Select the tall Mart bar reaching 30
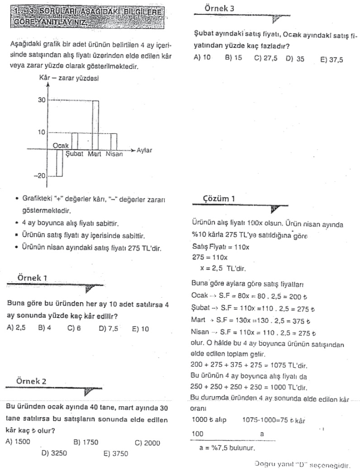click(95, 124)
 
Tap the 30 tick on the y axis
click(42, 100)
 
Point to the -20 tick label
click(39, 176)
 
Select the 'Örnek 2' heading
click(32, 381)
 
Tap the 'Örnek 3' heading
click(220, 8)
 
